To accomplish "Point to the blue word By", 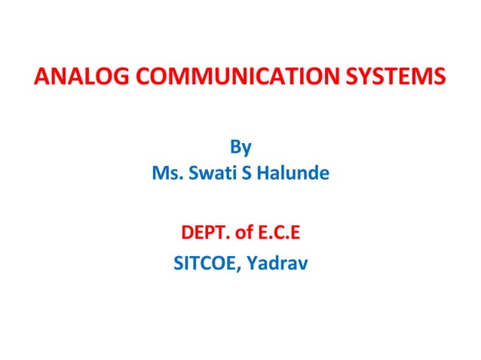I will click(240, 146).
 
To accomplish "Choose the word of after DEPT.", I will click(244, 233).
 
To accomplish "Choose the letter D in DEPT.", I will click(187, 233).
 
